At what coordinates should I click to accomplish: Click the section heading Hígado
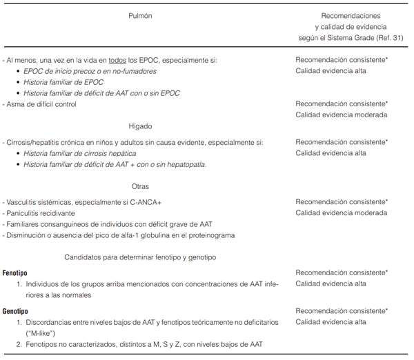[x=140, y=126]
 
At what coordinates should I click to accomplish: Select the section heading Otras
[x=140, y=186]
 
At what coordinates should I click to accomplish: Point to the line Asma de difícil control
[x=40, y=104]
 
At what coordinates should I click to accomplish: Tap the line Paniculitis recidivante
[x=42, y=213]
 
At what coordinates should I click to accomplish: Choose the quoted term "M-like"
[x=44, y=333]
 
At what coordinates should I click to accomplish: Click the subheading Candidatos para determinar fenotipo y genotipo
[x=140, y=257]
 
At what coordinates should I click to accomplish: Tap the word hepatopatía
[x=184, y=164]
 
